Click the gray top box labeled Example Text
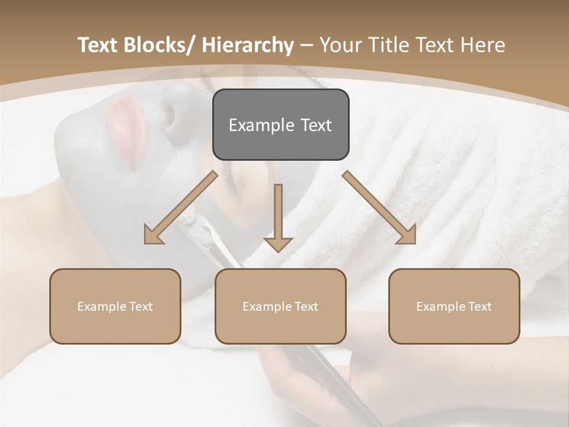click(280, 125)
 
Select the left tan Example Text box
click(115, 306)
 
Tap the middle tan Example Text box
click(280, 306)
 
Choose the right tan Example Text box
click(454, 306)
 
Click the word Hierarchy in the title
click(248, 45)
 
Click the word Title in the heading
click(391, 45)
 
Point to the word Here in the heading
click(482, 45)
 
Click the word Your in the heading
click(342, 45)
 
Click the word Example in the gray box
click(258, 125)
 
